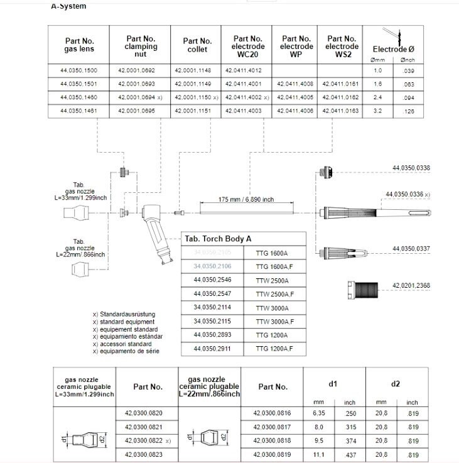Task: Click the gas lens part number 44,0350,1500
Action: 79,71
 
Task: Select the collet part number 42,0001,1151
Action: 193,111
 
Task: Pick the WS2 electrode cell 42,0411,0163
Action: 342,111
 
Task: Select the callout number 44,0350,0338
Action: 411,168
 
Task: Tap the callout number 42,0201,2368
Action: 411,286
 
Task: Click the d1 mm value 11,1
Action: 316,453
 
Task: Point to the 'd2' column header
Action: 396,383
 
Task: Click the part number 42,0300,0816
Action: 273,413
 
